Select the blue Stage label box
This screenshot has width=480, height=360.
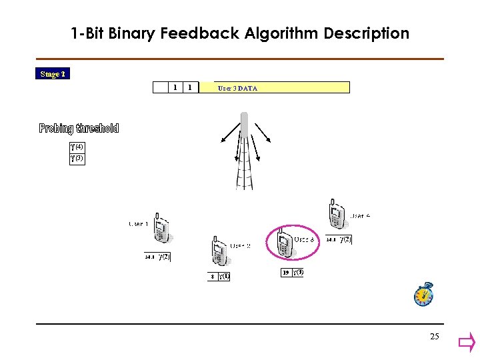pyautogui.click(x=53, y=74)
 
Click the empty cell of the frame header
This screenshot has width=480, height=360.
pyautogui.click(x=160, y=87)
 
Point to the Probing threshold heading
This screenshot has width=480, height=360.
pyautogui.click(x=79, y=129)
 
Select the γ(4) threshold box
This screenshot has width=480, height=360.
pyautogui.click(x=77, y=147)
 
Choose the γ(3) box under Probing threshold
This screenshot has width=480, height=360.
pyautogui.click(x=77, y=159)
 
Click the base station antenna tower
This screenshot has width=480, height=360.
pyautogui.click(x=245, y=153)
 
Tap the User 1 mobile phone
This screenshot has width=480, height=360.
pyautogui.click(x=162, y=230)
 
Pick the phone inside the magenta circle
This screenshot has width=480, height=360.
pyautogui.click(x=285, y=243)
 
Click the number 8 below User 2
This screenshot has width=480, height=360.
pyautogui.click(x=213, y=276)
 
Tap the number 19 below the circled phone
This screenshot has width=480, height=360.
pyautogui.click(x=285, y=272)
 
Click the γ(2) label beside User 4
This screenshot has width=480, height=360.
pyautogui.click(x=345, y=239)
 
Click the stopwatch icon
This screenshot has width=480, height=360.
pyautogui.click(x=424, y=295)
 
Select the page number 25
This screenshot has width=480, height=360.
pyautogui.click(x=435, y=337)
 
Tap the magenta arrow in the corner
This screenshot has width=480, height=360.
pyautogui.click(x=466, y=344)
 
